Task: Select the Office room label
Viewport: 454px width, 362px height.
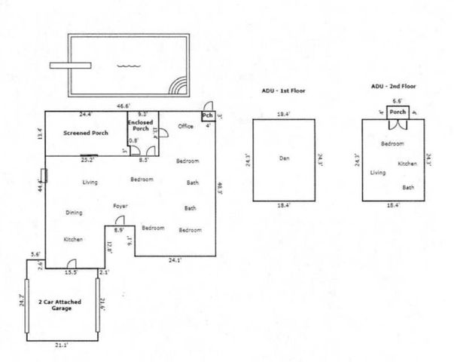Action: pyautogui.click(x=185, y=126)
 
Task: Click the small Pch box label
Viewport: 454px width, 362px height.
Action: pyautogui.click(x=207, y=116)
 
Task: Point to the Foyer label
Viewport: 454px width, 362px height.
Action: pyautogui.click(x=120, y=206)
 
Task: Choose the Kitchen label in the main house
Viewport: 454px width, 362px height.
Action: pyautogui.click(x=73, y=239)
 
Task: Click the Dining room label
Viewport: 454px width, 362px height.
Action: pyautogui.click(x=74, y=213)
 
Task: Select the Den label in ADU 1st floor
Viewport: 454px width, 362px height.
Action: pyautogui.click(x=284, y=158)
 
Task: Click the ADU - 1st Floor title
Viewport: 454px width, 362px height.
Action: pyautogui.click(x=284, y=90)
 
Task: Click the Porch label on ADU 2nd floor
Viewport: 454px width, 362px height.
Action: pyautogui.click(x=398, y=112)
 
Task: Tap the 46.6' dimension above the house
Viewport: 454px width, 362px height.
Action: pyautogui.click(x=123, y=106)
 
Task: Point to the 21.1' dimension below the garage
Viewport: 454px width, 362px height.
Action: pyautogui.click(x=62, y=345)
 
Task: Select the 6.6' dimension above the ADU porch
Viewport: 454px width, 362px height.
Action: pyautogui.click(x=398, y=100)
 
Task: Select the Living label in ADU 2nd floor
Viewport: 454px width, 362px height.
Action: pyautogui.click(x=378, y=173)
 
